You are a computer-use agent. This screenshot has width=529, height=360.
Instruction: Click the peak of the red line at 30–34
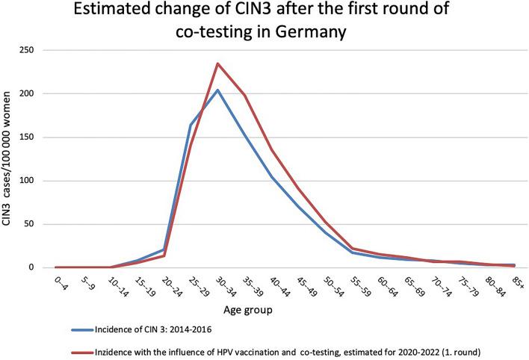217,63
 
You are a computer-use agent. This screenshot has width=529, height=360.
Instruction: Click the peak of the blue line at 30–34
217,90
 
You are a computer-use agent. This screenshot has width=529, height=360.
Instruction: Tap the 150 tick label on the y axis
35,137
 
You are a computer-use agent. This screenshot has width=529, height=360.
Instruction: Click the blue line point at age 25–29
191,125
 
